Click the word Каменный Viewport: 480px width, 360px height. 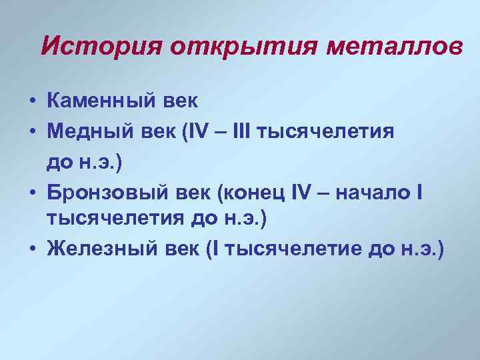[102, 101]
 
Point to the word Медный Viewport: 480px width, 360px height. [91, 131]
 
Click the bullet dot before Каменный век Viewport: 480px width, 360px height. [31, 103]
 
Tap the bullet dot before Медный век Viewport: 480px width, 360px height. [31, 132]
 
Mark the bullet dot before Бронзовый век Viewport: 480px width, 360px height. [31, 193]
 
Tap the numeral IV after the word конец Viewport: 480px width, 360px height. [309, 192]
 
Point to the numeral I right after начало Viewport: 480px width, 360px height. [419, 192]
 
